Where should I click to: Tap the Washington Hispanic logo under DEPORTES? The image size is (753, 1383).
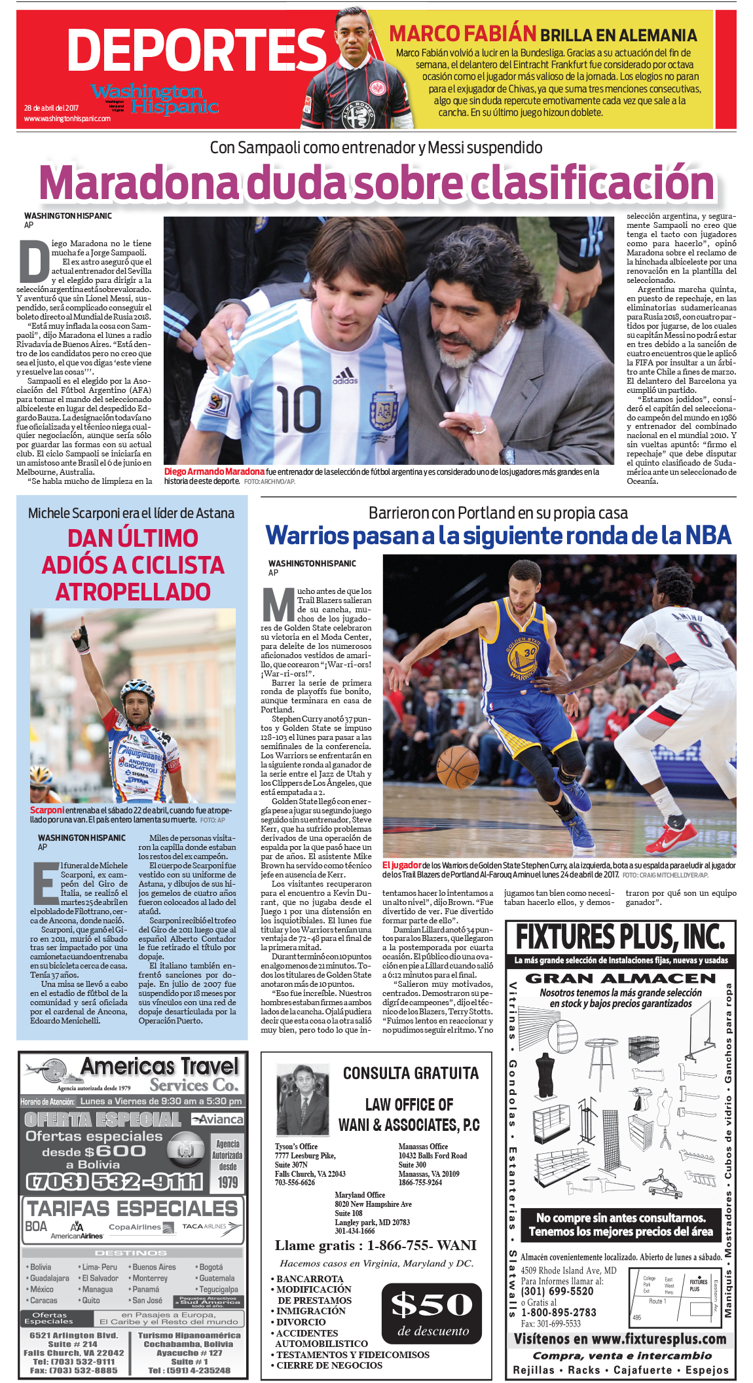click(x=155, y=98)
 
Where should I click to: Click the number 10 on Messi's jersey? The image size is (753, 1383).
click(x=297, y=409)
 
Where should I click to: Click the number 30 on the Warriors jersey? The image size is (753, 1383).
click(x=529, y=652)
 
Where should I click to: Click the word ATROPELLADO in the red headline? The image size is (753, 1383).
click(x=133, y=592)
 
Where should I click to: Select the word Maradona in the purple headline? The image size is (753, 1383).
click(x=138, y=183)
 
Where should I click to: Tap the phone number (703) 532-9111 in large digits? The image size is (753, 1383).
click(x=114, y=1181)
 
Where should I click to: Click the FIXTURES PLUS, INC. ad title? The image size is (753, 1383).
click(x=620, y=937)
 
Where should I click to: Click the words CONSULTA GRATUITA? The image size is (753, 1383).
click(x=411, y=1073)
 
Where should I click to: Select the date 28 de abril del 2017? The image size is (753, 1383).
click(x=51, y=108)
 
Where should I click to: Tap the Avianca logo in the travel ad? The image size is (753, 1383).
click(x=218, y=1119)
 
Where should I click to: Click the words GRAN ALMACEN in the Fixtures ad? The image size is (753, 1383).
click(x=620, y=978)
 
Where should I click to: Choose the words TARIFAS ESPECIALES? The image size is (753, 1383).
click(x=132, y=1208)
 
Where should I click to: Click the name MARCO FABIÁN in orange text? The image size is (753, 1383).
click(x=462, y=33)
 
